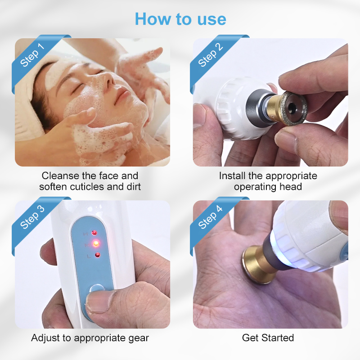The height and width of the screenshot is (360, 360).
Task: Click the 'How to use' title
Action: (x=180, y=19)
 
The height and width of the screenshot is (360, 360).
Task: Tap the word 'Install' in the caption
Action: (x=232, y=175)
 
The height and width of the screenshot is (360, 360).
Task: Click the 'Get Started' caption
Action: (x=268, y=337)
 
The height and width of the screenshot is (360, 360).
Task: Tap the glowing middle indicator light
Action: (x=95, y=244)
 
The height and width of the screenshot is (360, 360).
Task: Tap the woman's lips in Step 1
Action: (x=122, y=96)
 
